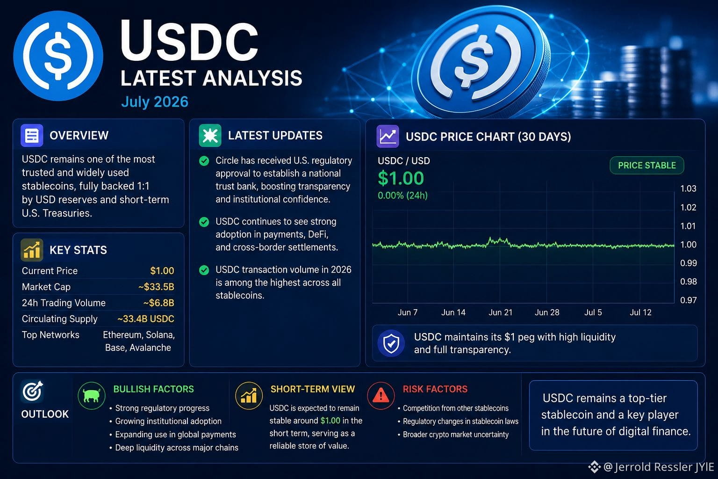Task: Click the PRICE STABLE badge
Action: click(x=646, y=165)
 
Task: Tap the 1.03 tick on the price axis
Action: click(x=688, y=189)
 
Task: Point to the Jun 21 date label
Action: click(x=500, y=312)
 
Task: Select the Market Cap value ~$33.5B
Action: click(x=156, y=286)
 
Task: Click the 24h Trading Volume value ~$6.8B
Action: click(x=158, y=303)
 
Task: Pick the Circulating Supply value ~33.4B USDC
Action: click(x=146, y=319)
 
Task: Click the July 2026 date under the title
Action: click(x=155, y=102)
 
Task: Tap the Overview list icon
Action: click(x=32, y=135)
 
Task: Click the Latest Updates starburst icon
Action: click(x=210, y=135)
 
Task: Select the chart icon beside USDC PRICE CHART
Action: click(x=388, y=136)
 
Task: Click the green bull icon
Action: click(x=92, y=396)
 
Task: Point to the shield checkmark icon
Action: click(x=391, y=343)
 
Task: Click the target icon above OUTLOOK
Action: click(x=32, y=391)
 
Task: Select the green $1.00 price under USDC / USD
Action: click(x=401, y=178)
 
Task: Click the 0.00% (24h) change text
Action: click(x=402, y=196)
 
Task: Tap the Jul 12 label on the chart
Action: click(x=640, y=312)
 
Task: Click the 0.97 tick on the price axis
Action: click(x=688, y=300)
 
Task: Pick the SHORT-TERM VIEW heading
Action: click(x=313, y=389)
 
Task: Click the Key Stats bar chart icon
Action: click(x=32, y=250)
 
